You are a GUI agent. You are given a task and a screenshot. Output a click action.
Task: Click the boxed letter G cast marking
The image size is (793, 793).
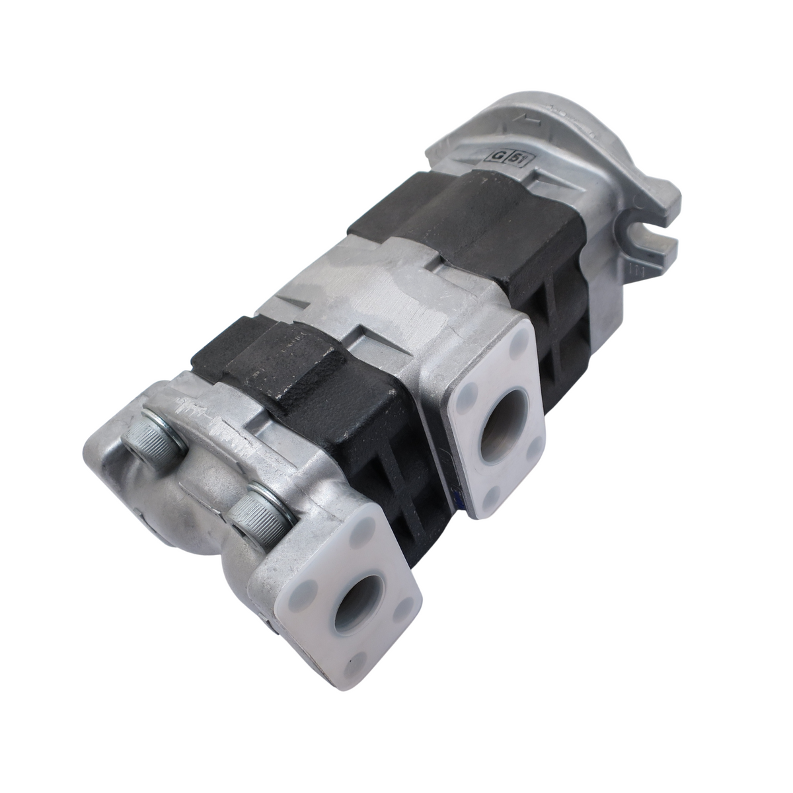coord(495,155)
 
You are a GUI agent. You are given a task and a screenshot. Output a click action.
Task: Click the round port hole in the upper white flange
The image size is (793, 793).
coord(504,436)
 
